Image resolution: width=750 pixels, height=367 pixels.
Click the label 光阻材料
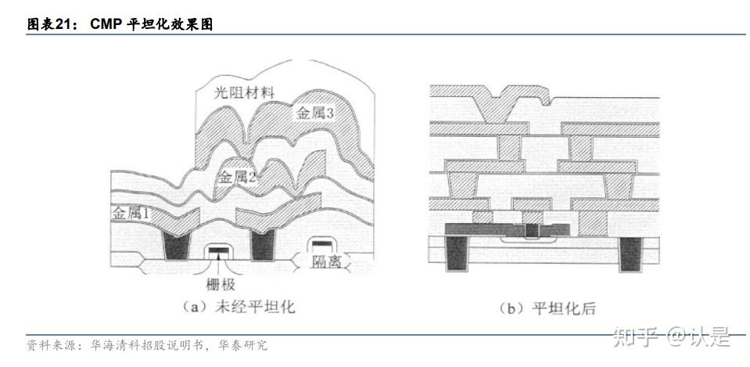[x=244, y=92]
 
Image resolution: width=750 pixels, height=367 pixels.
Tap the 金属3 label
[x=314, y=113]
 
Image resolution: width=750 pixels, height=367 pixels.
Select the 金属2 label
[x=238, y=176]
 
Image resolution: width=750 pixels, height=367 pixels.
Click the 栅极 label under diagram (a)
[x=218, y=285]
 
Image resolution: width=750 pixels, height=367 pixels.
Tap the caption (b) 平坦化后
[x=547, y=308]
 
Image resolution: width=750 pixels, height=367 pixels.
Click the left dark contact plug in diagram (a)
[x=177, y=246]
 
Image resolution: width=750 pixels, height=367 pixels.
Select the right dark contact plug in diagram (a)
[x=263, y=246]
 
